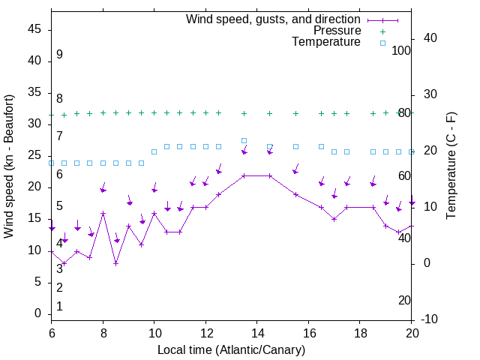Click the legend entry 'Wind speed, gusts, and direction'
coord(273,19)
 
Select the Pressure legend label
coord(337,31)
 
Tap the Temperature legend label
coord(326,42)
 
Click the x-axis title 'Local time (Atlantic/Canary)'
coord(231,350)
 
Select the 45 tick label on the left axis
coord(34,29)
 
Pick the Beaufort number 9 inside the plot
coord(59,55)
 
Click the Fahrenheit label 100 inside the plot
coord(401,50)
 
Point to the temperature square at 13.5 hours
coord(244,140)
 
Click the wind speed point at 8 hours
coord(103,214)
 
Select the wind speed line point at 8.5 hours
coord(115,263)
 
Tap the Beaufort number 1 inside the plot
coord(59,306)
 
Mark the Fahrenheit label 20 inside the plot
coord(404,300)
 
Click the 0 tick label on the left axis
coord(38,313)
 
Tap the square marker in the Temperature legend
coord(382,43)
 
